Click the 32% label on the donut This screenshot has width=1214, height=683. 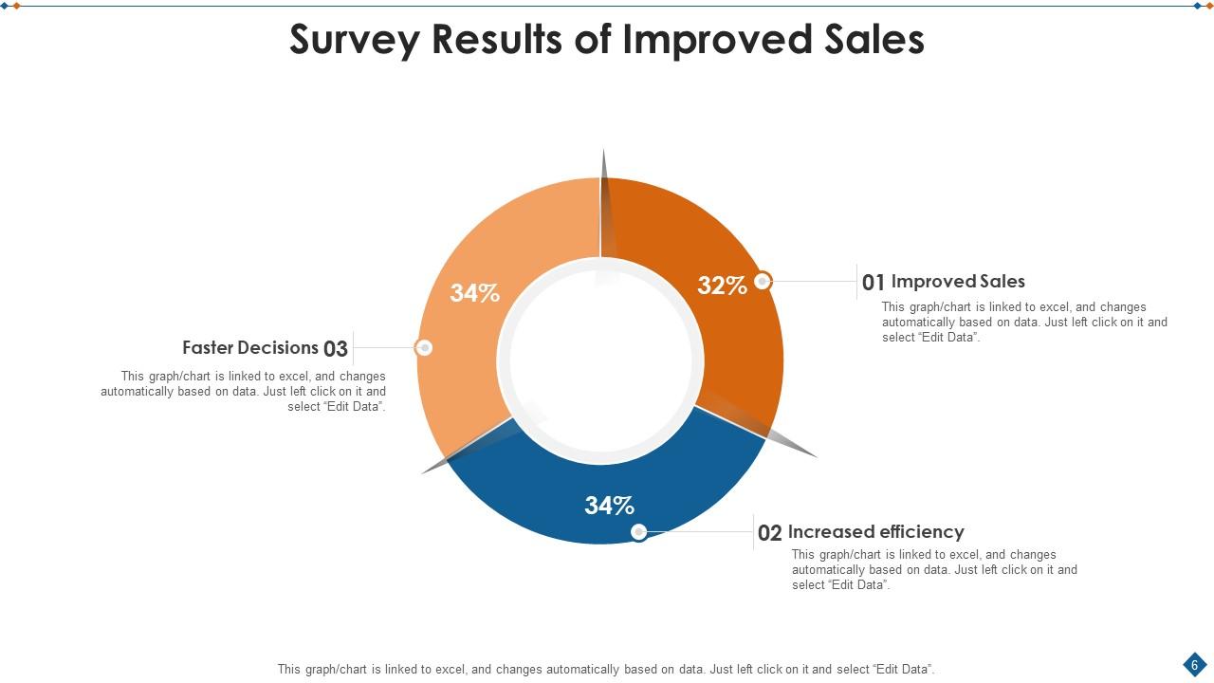(x=722, y=286)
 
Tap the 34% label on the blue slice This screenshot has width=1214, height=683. (x=609, y=506)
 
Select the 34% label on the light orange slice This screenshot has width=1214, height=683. (x=474, y=293)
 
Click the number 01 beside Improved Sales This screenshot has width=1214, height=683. (x=873, y=283)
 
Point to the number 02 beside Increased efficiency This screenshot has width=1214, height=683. (x=769, y=533)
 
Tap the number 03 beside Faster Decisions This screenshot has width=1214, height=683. (x=336, y=349)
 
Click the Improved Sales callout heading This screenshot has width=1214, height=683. (x=958, y=282)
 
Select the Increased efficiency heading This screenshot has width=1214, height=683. (x=875, y=532)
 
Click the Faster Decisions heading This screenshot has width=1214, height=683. (x=250, y=348)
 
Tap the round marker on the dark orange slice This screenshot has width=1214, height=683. (x=763, y=281)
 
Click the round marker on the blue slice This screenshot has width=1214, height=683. (x=639, y=532)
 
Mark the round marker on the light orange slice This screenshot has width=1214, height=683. (x=424, y=348)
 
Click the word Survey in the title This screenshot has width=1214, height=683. (x=355, y=40)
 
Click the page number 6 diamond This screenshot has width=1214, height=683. (x=1194, y=664)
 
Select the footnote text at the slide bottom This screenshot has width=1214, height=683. (x=605, y=669)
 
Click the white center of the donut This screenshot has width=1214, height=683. (x=600, y=360)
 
